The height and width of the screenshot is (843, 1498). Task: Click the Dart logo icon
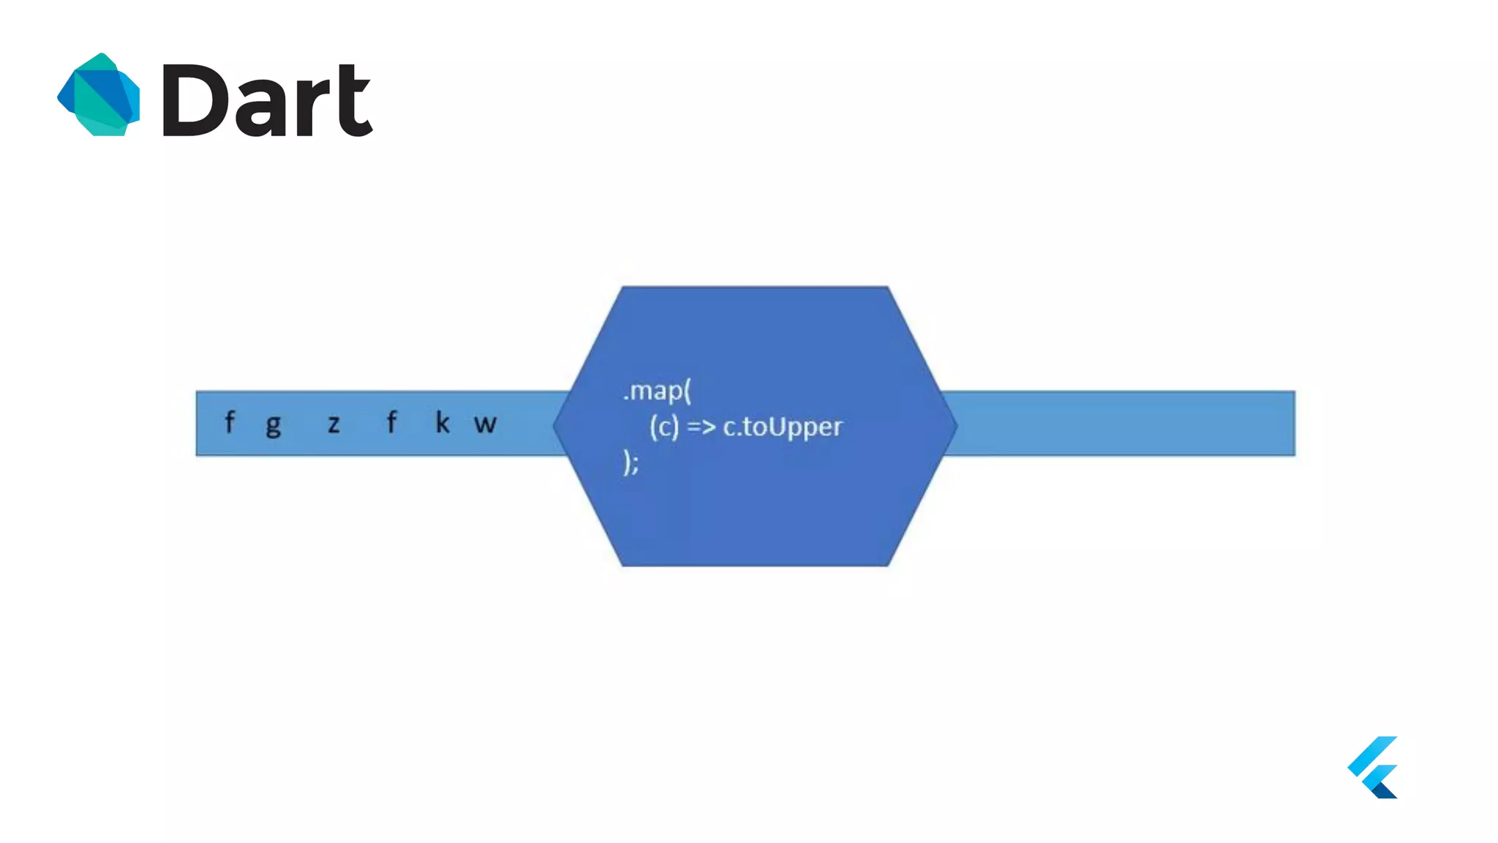(99, 94)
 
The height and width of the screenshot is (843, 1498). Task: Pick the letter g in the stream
(274, 424)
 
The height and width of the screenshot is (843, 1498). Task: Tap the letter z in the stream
(334, 424)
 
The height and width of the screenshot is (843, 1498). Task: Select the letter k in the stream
(443, 422)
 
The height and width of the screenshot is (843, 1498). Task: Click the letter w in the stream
(485, 424)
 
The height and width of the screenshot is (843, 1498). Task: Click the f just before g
(230, 421)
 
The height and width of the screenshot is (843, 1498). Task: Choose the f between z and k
(391, 421)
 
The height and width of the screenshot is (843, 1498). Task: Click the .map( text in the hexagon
(657, 391)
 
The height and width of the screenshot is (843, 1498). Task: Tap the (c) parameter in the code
(664, 427)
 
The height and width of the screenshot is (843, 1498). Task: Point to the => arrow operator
(701, 426)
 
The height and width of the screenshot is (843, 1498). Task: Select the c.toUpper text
(783, 427)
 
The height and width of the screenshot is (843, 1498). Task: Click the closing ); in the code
(631, 462)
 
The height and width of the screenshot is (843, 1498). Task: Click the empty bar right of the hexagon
(1119, 424)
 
